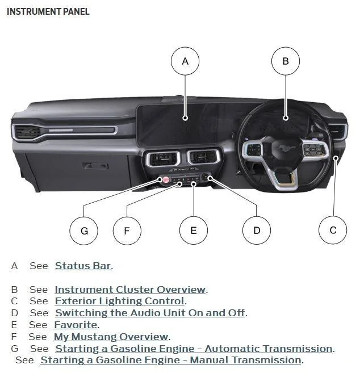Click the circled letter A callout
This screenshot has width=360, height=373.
click(185, 61)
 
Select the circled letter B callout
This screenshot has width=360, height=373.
click(285, 61)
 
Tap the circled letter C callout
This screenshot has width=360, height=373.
click(333, 230)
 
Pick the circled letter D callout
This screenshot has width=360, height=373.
click(257, 230)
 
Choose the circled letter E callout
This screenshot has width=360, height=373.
click(194, 230)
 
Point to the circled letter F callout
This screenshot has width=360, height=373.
click(127, 230)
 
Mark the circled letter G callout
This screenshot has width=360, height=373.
click(83, 230)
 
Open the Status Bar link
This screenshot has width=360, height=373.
click(83, 266)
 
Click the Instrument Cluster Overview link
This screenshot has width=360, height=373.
click(130, 290)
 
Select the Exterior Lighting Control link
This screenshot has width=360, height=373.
click(120, 301)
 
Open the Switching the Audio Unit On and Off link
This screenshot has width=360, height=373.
click(150, 313)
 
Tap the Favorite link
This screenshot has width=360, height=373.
click(76, 325)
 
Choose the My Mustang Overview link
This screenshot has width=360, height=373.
click(111, 337)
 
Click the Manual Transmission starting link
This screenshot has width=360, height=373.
click(171, 360)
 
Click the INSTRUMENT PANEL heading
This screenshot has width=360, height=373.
click(48, 11)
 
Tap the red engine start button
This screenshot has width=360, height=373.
click(166, 179)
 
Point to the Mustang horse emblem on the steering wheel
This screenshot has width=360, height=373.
click(287, 148)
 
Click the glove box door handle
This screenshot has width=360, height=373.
click(95, 166)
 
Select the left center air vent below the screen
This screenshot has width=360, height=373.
click(163, 158)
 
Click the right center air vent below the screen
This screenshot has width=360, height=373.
click(203, 157)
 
